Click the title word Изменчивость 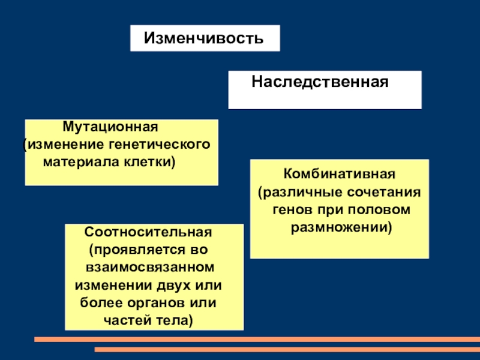203,39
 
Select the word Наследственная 320,80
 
